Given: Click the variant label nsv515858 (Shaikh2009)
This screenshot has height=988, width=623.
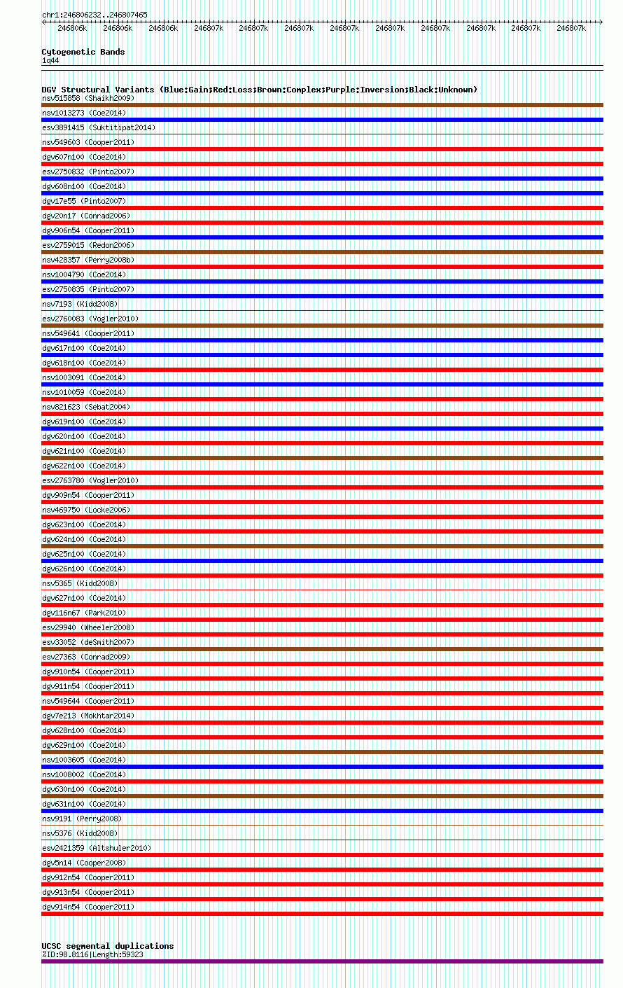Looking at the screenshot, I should (88, 98).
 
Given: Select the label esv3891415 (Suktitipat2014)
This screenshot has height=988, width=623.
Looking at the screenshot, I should (99, 127).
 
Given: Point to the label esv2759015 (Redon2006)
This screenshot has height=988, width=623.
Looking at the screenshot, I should (88, 245).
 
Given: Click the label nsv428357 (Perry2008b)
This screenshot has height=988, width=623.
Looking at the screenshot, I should (88, 260).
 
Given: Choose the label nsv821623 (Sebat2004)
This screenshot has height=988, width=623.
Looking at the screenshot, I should (86, 407).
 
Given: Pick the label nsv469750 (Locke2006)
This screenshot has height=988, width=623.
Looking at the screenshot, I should (86, 510).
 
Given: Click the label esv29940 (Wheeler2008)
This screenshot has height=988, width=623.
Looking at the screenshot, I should (88, 627).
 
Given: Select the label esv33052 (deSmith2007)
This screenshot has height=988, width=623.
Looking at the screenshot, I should (88, 642).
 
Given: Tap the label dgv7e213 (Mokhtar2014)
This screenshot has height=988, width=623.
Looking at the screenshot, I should (88, 716).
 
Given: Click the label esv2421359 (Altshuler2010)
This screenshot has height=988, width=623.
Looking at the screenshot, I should (97, 848).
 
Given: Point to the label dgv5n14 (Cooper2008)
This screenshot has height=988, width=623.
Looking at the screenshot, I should (84, 863).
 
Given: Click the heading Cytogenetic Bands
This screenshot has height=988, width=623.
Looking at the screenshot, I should (83, 52).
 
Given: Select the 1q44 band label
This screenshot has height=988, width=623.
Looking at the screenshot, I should (50, 60).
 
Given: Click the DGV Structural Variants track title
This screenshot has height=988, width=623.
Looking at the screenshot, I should (259, 90).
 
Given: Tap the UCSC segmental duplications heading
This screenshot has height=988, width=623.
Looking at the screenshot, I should (107, 946).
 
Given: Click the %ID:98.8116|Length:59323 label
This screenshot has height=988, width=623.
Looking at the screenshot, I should (92, 954).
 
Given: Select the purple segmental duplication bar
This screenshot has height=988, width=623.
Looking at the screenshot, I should (322, 961).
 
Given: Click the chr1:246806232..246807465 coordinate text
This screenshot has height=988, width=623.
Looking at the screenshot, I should (94, 15).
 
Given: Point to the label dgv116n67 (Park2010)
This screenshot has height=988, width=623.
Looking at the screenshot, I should (84, 613).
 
